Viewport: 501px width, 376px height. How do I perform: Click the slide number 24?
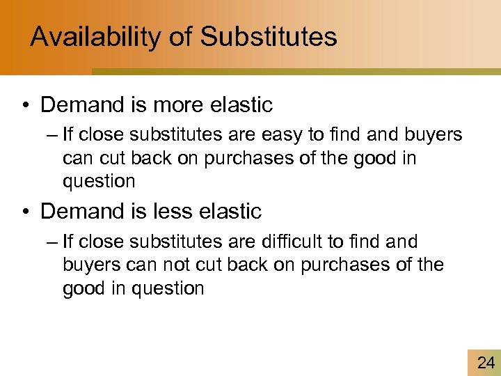486,362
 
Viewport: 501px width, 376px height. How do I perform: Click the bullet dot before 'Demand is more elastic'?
26,106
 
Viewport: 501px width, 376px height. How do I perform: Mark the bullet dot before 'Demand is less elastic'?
26,212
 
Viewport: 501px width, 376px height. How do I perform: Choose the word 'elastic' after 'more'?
241,105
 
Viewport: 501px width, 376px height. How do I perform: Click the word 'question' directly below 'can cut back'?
99,182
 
